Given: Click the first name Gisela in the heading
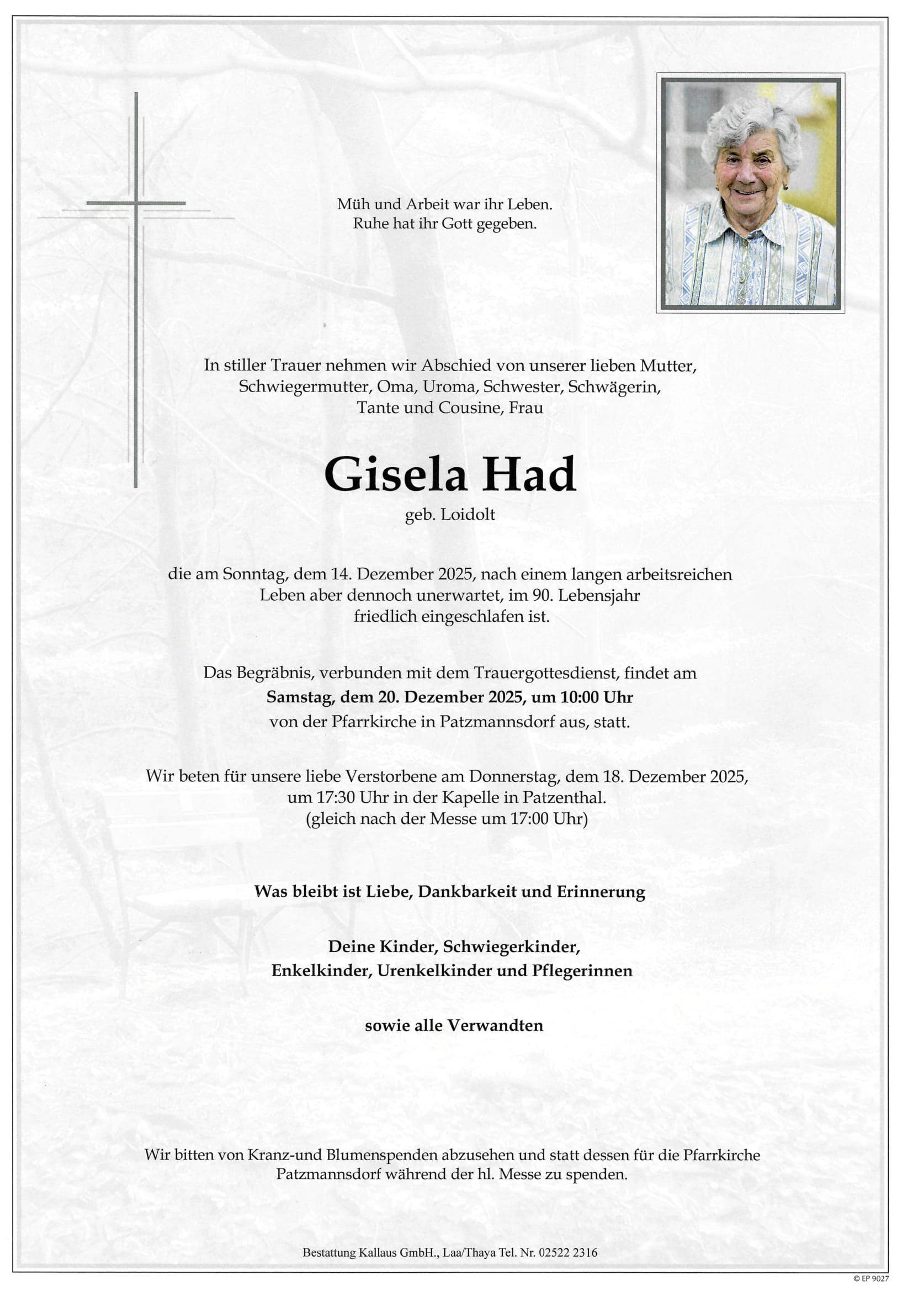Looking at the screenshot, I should coord(395,474).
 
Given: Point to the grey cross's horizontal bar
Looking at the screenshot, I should coord(136,203).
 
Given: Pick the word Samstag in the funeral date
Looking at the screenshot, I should coord(300,698).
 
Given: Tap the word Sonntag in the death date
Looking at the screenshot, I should coord(255,574).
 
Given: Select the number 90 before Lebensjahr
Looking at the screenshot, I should coord(542,595).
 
